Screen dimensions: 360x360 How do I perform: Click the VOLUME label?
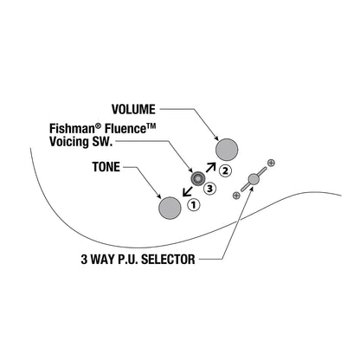(133, 109)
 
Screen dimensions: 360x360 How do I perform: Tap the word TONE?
(106, 167)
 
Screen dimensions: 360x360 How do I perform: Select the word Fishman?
(74, 129)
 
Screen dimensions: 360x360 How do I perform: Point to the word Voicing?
(69, 142)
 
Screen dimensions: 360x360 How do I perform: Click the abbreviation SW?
(102, 142)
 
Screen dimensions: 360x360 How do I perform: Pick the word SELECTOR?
(168, 260)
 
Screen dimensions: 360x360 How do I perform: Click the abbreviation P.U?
(128, 260)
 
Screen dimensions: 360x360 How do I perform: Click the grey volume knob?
(227, 150)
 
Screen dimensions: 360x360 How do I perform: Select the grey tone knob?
(170, 208)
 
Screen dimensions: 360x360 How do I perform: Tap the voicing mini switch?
(197, 178)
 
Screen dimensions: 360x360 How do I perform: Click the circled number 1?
(193, 205)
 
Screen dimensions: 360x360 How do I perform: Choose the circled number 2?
(225, 170)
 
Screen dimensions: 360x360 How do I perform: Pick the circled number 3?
(209, 189)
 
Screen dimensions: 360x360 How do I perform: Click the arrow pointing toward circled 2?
(211, 168)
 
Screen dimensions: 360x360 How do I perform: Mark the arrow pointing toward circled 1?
(188, 191)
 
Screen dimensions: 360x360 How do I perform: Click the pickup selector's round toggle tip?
(254, 179)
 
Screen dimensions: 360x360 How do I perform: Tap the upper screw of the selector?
(271, 163)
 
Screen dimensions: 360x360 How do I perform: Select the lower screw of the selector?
(236, 196)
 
